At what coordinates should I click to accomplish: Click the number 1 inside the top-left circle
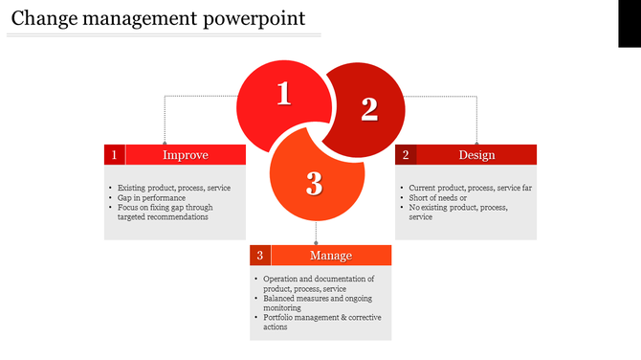(283, 94)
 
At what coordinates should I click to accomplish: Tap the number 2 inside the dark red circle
(369, 110)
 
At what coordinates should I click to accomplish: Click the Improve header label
(186, 155)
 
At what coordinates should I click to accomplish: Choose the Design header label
(476, 155)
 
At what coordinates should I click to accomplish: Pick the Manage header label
(331, 256)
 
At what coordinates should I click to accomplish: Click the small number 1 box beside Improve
(115, 155)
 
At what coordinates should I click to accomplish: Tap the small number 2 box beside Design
(406, 155)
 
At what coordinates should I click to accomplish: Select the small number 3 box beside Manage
(260, 256)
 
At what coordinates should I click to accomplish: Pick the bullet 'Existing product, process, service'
(173, 188)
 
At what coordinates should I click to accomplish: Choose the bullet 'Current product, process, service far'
(470, 188)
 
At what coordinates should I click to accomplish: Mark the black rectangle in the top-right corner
(629, 23)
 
